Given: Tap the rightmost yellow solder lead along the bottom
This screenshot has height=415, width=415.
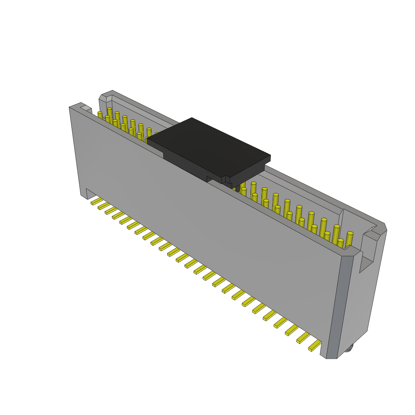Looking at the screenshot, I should [x=314, y=346].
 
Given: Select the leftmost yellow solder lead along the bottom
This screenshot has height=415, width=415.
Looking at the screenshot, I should [x=96, y=201].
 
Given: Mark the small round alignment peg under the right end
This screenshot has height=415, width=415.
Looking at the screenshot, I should [x=349, y=347].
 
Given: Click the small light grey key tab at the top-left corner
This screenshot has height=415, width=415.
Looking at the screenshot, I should [x=86, y=108].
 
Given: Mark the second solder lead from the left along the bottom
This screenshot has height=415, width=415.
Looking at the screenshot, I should [x=104, y=206].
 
